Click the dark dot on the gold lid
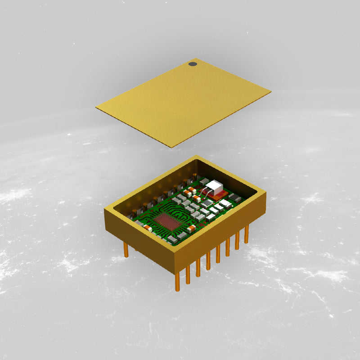(193, 64)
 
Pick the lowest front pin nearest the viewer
(177, 282)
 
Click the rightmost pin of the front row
(247, 234)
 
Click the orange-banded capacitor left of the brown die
(148, 227)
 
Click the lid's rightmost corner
(270, 92)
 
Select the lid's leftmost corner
(96, 107)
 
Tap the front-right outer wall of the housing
(220, 232)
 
